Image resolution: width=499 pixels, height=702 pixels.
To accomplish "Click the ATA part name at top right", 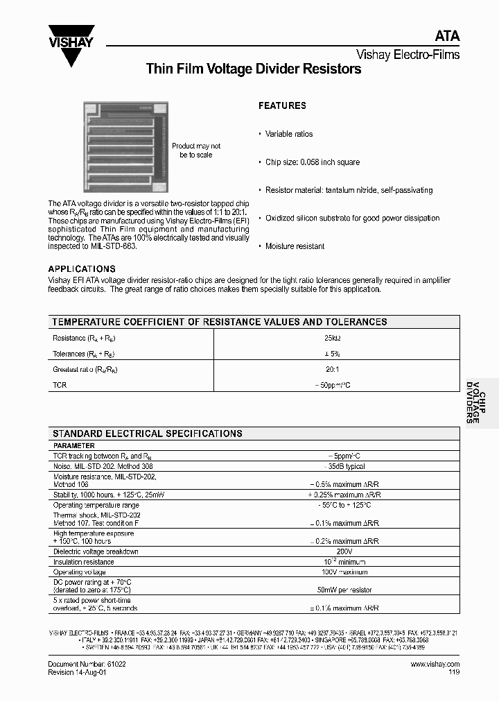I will [447, 37].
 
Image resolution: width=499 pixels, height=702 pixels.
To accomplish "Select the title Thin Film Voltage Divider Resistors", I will [253, 69].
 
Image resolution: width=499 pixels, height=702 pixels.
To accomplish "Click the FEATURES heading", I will [282, 106].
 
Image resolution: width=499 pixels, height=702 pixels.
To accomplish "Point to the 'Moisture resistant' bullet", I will [295, 246].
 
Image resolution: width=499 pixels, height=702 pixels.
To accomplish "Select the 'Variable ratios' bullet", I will [289, 134].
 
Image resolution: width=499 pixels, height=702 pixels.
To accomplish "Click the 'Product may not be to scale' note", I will [196, 151].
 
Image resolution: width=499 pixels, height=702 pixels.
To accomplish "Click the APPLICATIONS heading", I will [82, 269].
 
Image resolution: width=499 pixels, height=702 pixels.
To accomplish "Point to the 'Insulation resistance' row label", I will [84, 562].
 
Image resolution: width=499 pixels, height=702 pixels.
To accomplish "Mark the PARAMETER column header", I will [74, 445].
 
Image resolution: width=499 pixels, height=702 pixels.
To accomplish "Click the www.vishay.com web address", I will [435, 664].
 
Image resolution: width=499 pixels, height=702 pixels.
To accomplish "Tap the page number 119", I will [453, 673].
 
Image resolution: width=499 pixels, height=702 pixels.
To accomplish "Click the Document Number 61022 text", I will [87, 664].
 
